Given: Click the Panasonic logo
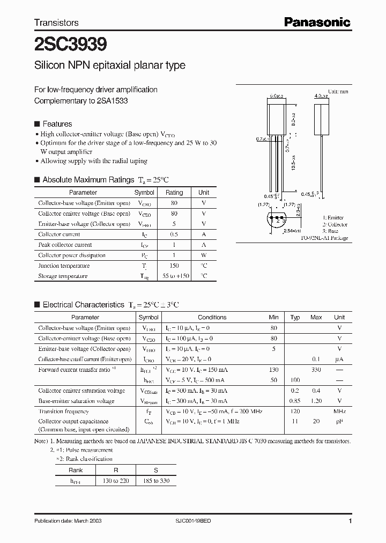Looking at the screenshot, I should pyautogui.click(x=317, y=22).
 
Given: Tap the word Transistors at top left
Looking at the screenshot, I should pyautogui.click(x=56, y=23).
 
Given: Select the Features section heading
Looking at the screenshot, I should pyautogui.click(x=57, y=124).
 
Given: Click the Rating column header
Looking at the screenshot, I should pyautogui.click(x=174, y=192).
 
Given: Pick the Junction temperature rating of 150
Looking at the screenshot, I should pyautogui.click(x=174, y=266).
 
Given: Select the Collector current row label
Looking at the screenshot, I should pyautogui.click(x=59, y=234).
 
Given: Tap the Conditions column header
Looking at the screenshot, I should pyautogui.click(x=212, y=317).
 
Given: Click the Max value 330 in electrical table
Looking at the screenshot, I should pyautogui.click(x=316, y=370).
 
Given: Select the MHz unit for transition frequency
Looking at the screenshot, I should pyautogui.click(x=339, y=412).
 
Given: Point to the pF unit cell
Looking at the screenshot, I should pyautogui.click(x=339, y=422).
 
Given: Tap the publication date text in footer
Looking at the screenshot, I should pyautogui.click(x=68, y=521).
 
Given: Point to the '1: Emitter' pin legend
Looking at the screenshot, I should pyautogui.click(x=333, y=217).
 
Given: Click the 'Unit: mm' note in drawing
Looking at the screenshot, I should pyautogui.click(x=338, y=92).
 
